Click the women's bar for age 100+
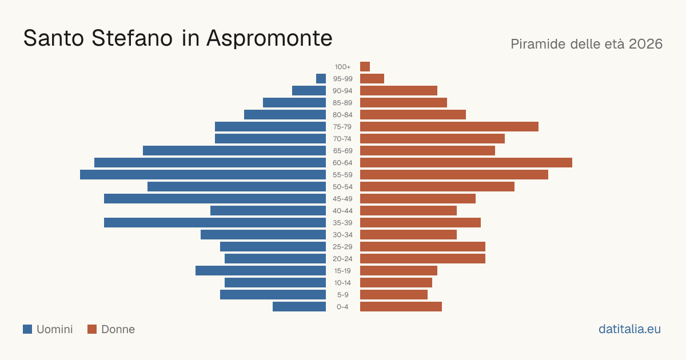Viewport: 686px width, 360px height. tap(365, 66)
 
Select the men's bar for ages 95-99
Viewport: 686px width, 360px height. tap(321, 79)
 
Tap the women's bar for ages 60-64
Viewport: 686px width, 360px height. tap(466, 162)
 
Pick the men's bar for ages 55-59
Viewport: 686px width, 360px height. tap(203, 174)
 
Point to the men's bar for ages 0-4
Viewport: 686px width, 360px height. tap(299, 307)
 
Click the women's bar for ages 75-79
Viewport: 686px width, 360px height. tap(449, 127)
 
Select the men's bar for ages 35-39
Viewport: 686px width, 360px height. tap(215, 222)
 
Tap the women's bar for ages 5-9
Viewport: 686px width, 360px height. tap(394, 294)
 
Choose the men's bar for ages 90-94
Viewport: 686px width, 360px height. tap(309, 91)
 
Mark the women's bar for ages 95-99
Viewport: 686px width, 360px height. tap(372, 79)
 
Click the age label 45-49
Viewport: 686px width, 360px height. tap(342, 199)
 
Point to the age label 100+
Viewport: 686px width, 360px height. tap(342, 67)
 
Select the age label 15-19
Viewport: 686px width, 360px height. tap(342, 271)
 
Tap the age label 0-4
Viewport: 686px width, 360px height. tap(342, 307)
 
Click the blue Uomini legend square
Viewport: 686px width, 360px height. tap(27, 329)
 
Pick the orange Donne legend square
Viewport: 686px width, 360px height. tap(92, 329)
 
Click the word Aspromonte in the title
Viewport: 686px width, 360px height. tap(269, 39)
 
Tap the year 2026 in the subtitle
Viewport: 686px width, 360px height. tap(645, 44)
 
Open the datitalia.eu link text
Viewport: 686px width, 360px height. tap(629, 329)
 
